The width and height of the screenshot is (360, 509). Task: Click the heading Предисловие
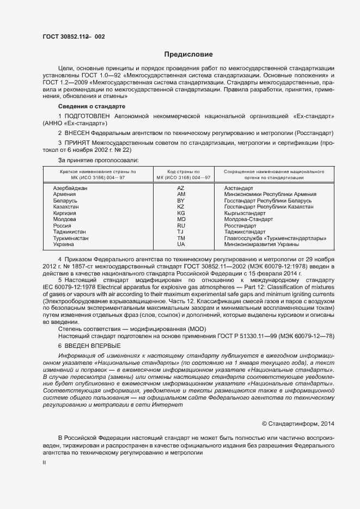coord(188,54)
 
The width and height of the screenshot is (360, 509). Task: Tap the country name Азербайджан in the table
coord(70,188)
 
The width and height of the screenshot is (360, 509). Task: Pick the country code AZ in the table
coord(181,188)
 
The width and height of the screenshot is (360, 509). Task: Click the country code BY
coord(181,200)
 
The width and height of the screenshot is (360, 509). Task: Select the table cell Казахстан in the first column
coord(66,207)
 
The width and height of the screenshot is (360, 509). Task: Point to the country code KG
coord(181,213)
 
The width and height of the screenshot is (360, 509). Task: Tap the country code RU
coord(181,225)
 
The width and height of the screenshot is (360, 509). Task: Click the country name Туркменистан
coord(71,238)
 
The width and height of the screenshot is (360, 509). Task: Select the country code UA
coord(181,244)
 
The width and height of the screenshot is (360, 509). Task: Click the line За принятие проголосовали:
coord(98,160)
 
